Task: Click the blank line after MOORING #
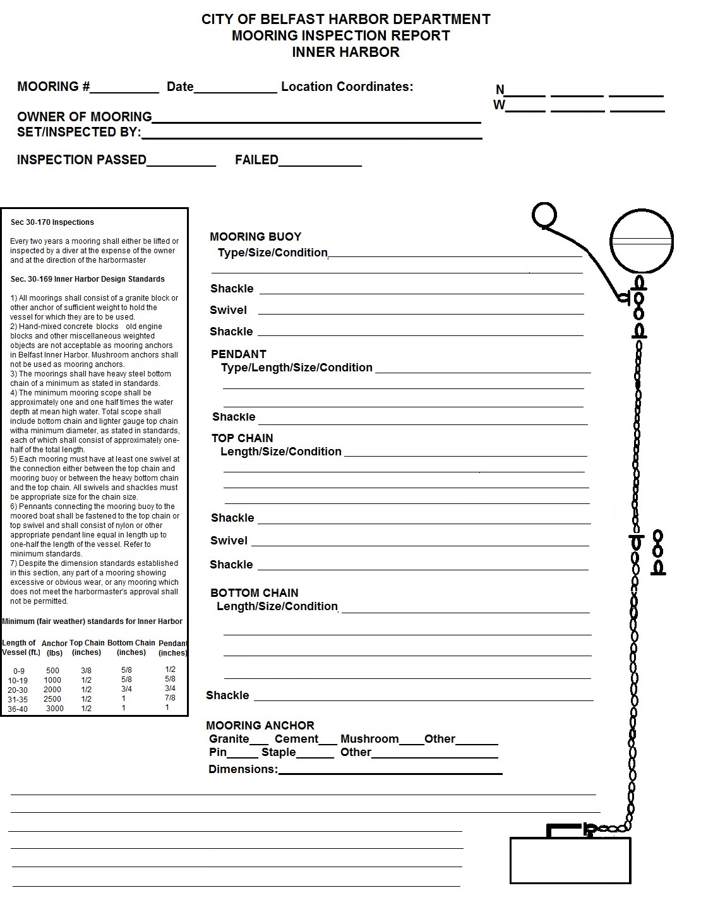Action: click(124, 88)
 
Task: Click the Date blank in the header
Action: click(235, 88)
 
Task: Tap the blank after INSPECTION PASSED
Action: click(181, 162)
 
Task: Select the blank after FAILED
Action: click(320, 162)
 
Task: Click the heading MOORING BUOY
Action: click(255, 237)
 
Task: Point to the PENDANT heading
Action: click(238, 354)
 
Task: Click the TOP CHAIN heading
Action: click(242, 438)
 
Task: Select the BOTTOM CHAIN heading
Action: click(254, 593)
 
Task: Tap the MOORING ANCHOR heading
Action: click(260, 726)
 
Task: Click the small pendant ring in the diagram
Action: click(544, 215)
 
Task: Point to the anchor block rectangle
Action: click(570, 860)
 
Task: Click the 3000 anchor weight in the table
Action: click(55, 709)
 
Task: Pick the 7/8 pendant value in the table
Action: click(170, 698)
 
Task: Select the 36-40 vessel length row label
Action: click(18, 709)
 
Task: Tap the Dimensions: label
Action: click(243, 769)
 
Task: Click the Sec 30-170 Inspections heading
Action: click(52, 222)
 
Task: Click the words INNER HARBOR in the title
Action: click(345, 52)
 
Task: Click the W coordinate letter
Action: click(499, 105)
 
